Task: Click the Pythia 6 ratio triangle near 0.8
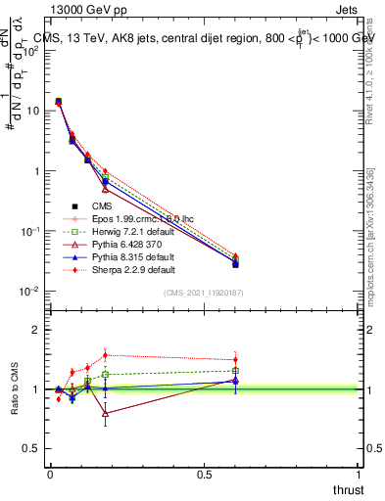[x=106, y=413]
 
